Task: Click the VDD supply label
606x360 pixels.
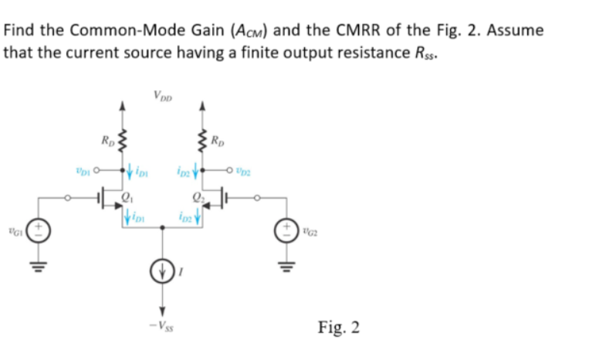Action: (162, 97)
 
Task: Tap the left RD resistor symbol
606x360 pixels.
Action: (120, 142)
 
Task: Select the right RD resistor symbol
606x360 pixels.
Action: (202, 142)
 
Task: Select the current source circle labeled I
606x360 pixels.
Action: (161, 272)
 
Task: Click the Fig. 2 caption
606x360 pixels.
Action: (339, 327)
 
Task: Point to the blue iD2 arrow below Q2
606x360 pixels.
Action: (198, 216)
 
